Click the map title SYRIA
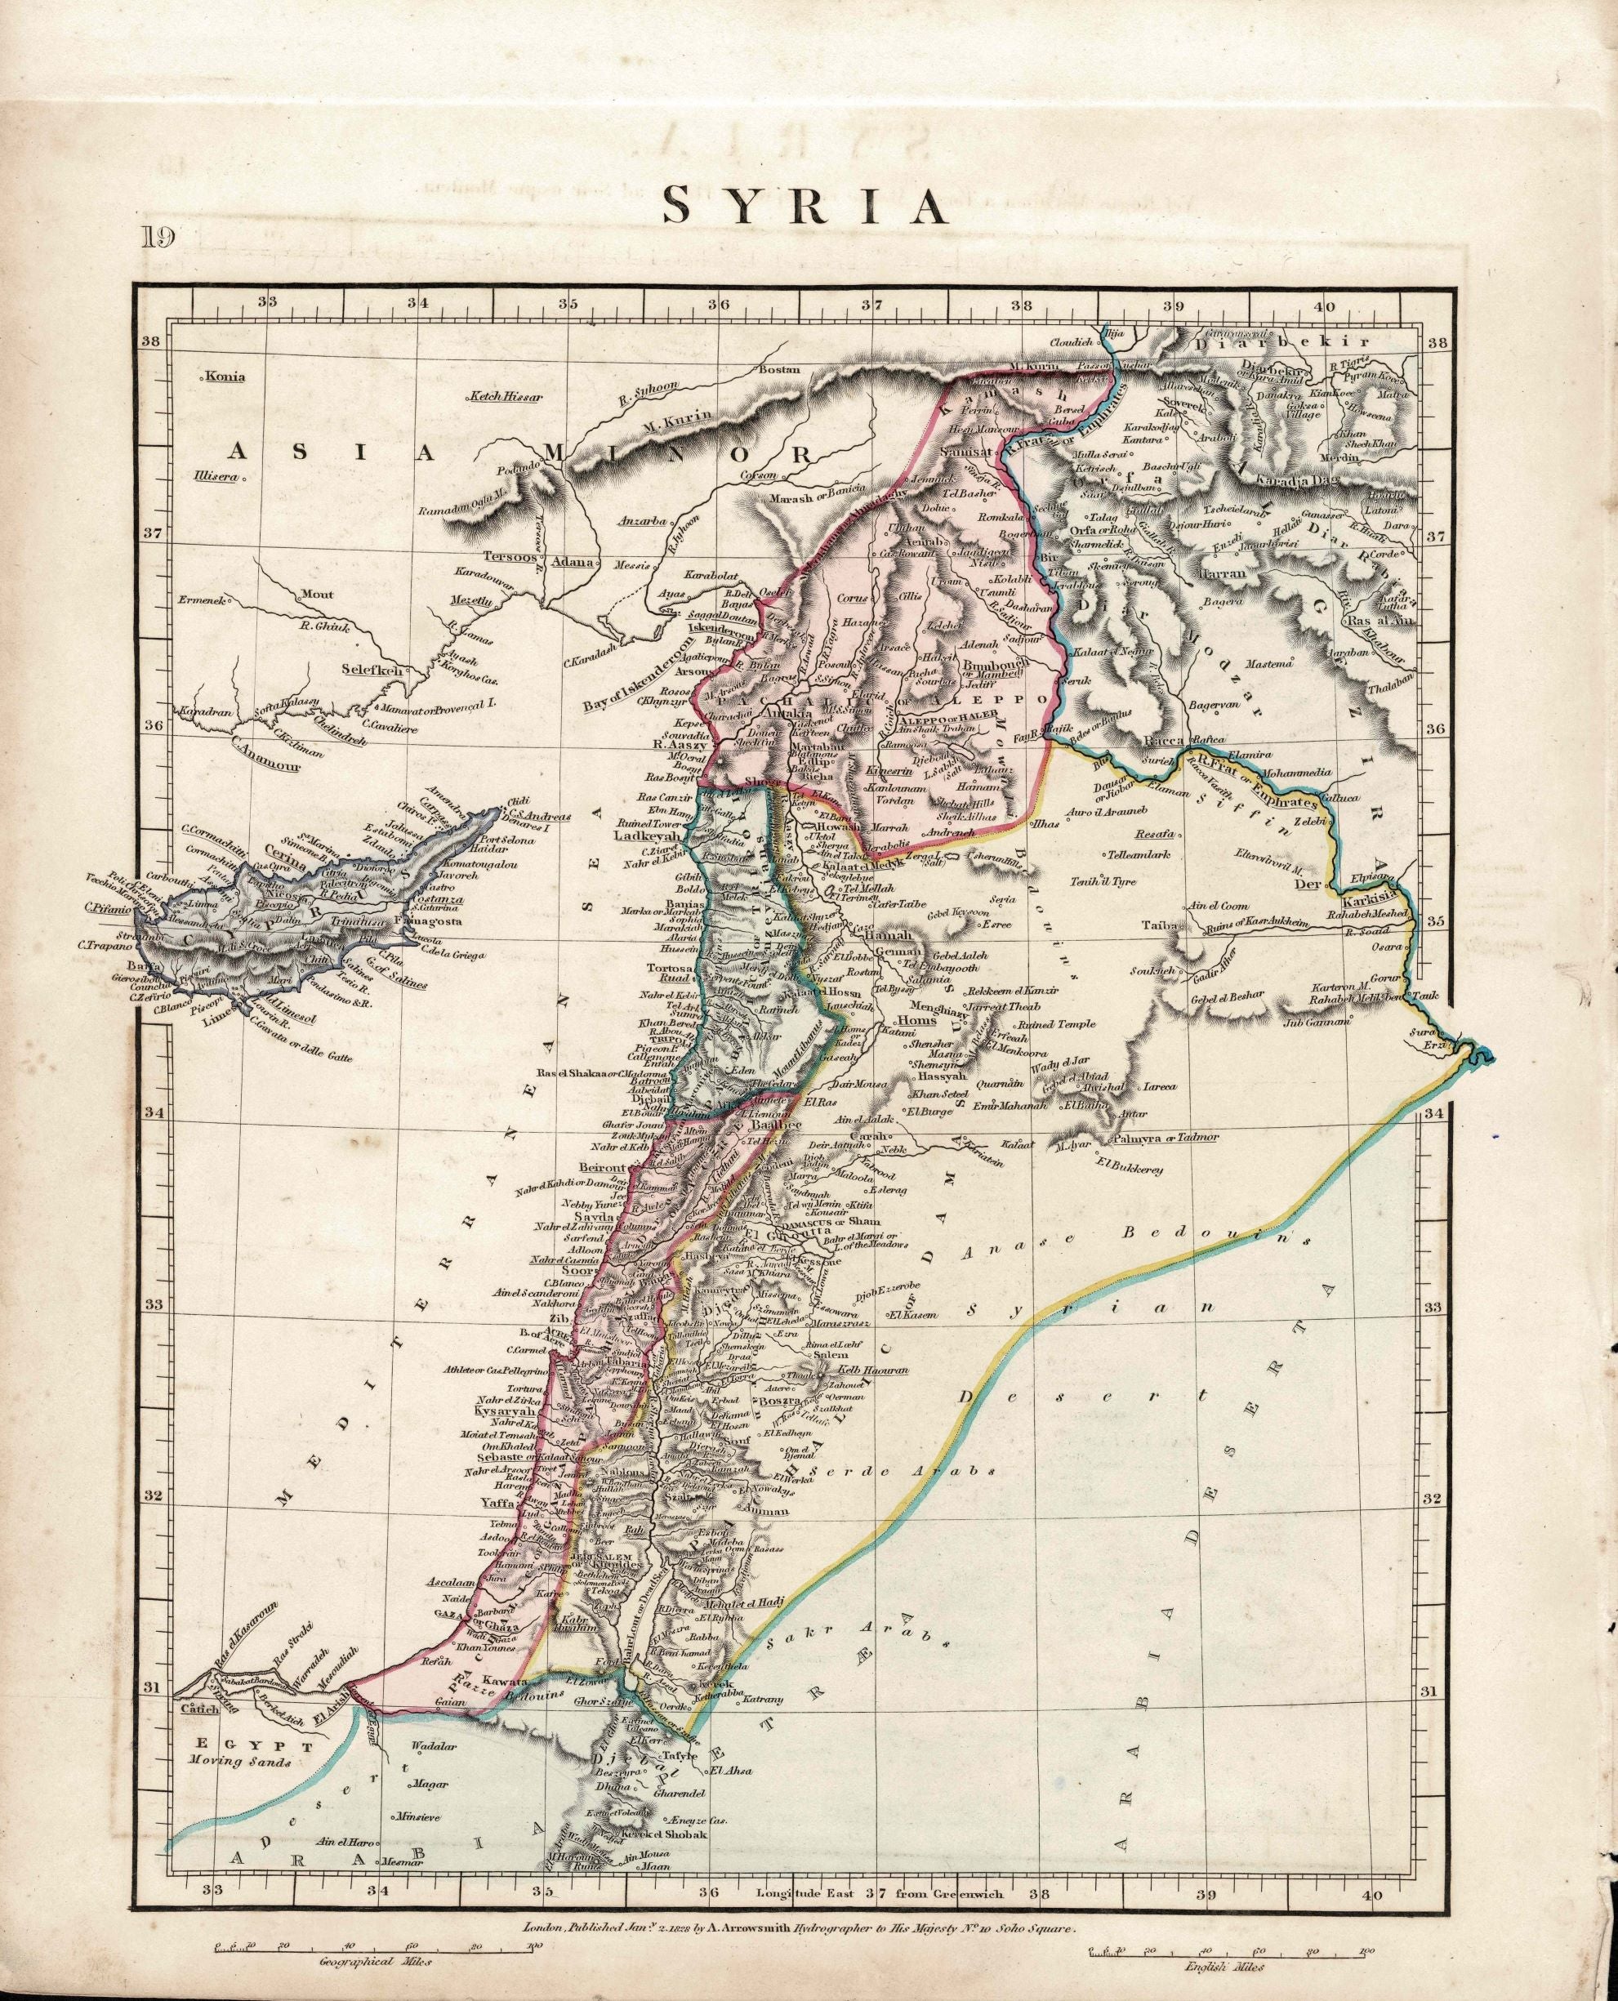805,207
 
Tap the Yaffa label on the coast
501,1502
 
